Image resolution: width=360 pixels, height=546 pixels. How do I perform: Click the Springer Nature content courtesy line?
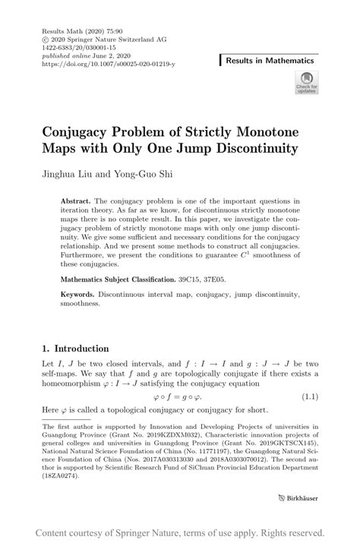pos(180,532)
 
